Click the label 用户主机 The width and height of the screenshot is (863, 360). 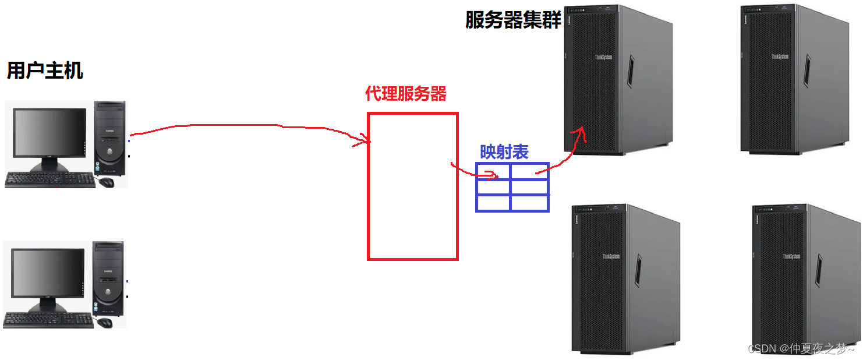click(x=45, y=70)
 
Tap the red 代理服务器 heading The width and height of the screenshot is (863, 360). click(x=406, y=94)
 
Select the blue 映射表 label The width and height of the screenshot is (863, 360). click(x=504, y=152)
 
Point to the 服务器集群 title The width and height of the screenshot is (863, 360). click(x=513, y=20)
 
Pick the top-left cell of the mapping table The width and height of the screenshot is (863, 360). click(x=493, y=171)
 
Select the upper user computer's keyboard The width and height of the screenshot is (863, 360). click(x=50, y=180)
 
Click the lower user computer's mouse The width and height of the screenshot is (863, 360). click(x=105, y=322)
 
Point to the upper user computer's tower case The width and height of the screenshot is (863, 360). click(x=111, y=138)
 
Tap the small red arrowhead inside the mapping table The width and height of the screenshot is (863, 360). click(x=495, y=175)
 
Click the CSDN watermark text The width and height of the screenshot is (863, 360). click(x=801, y=348)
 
